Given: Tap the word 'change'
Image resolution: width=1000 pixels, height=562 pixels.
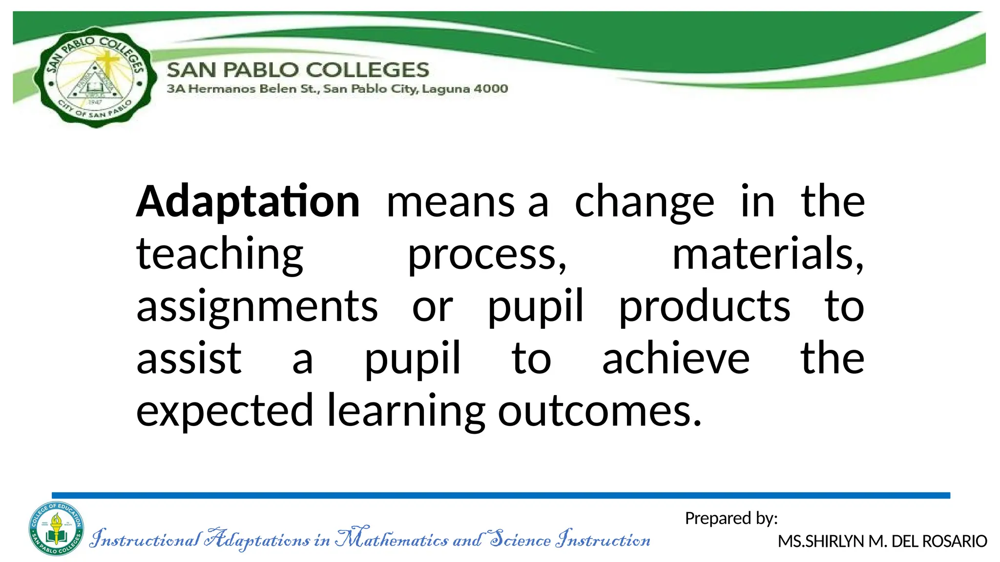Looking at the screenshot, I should [644, 202].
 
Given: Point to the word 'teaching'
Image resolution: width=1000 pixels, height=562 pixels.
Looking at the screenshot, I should [220, 255].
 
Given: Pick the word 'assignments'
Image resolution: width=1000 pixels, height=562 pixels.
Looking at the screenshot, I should [257, 307].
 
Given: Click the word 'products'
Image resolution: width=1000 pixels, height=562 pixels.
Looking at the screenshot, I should [704, 307].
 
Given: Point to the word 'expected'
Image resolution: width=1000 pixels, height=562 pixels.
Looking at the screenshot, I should [224, 411].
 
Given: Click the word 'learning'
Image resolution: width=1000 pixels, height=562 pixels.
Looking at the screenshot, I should [406, 411].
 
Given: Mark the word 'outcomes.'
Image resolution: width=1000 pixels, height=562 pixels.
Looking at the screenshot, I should [600, 411].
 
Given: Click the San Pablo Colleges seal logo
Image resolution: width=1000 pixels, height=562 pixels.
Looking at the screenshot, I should [96, 77].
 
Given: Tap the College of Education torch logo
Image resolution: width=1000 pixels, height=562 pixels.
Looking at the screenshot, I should [56, 529].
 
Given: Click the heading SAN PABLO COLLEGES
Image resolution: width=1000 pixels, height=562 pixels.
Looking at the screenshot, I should [298, 70].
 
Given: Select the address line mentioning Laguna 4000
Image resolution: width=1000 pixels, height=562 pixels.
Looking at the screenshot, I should [337, 89].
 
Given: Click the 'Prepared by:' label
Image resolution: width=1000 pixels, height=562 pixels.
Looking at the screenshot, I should [731, 518].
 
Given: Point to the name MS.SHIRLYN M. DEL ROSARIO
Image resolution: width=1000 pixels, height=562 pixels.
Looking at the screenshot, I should [882, 541].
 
